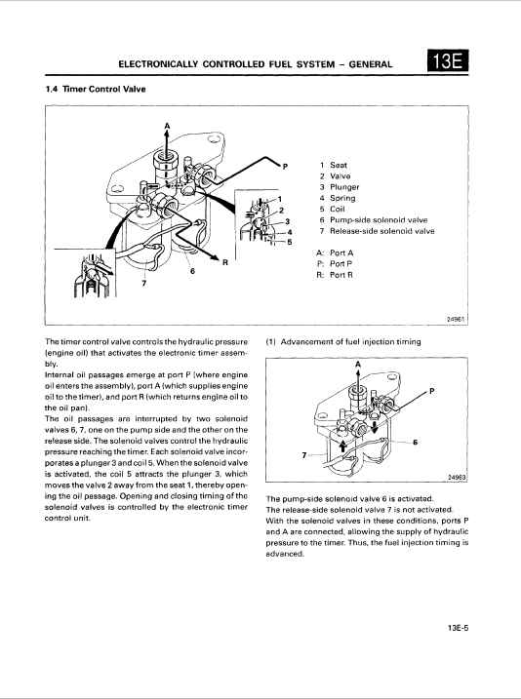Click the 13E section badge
click(x=448, y=60)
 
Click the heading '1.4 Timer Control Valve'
click(x=96, y=89)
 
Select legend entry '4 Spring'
click(x=338, y=198)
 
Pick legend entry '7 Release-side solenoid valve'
click(x=377, y=231)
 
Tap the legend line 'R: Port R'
click(x=335, y=275)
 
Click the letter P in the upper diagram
click(x=286, y=167)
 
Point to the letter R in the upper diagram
click(x=225, y=263)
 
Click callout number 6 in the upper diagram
click(x=192, y=271)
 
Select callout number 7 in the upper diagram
click(x=143, y=283)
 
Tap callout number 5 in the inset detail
click(x=290, y=242)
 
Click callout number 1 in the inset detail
click(x=280, y=199)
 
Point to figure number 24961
click(x=456, y=319)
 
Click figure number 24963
click(x=457, y=478)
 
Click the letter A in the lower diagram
click(x=358, y=365)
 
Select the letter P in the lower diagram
click(x=431, y=391)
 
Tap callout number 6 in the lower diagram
click(x=415, y=443)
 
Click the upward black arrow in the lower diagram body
click(x=342, y=446)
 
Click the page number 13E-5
click(x=458, y=628)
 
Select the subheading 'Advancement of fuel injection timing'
click(x=350, y=342)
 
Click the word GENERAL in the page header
click(x=371, y=64)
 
